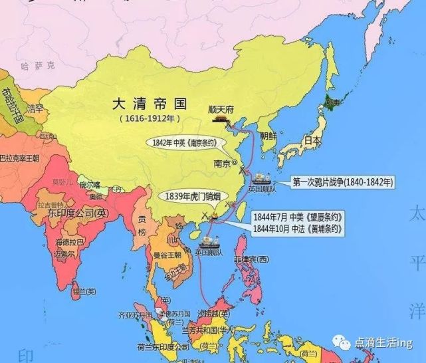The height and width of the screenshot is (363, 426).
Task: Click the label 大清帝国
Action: coord(149,104)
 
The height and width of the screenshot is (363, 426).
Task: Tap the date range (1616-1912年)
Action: coord(149,119)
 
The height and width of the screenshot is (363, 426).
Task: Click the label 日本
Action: coord(311,141)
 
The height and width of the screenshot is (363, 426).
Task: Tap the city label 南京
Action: coord(221,162)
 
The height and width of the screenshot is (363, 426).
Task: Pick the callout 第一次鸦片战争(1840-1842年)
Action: coord(342,181)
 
